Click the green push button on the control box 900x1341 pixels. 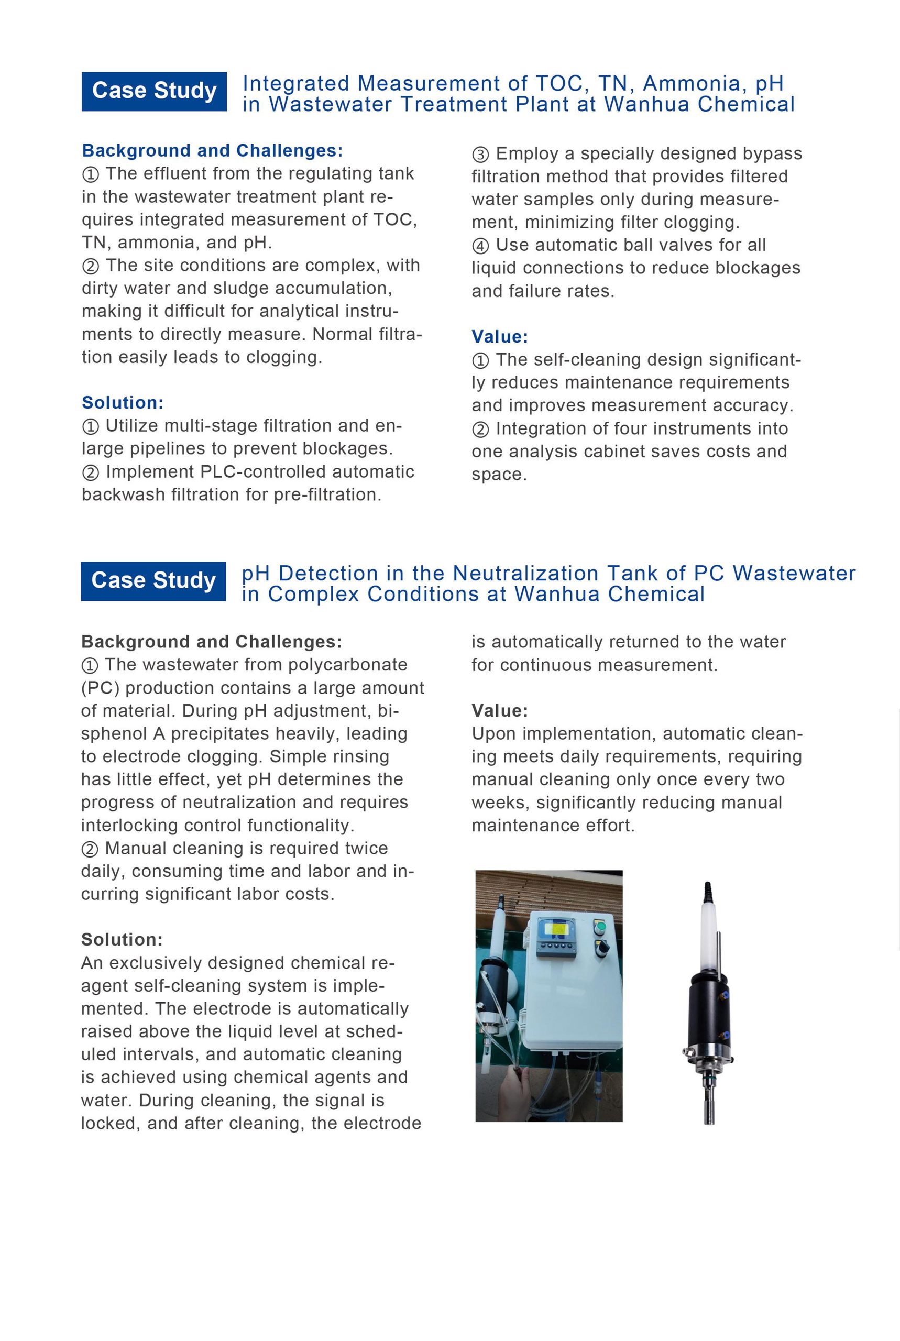coord(600,926)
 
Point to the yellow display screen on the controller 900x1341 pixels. coord(556,928)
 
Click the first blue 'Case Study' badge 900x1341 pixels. coord(154,91)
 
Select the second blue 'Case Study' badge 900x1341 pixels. coord(153,581)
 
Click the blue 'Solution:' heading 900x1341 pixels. coord(122,403)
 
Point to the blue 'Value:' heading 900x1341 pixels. coord(499,337)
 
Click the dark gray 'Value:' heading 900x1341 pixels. coord(499,711)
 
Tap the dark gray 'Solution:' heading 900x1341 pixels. coord(122,939)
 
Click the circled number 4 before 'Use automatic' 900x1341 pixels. coord(480,246)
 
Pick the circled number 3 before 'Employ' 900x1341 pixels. coord(480,155)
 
